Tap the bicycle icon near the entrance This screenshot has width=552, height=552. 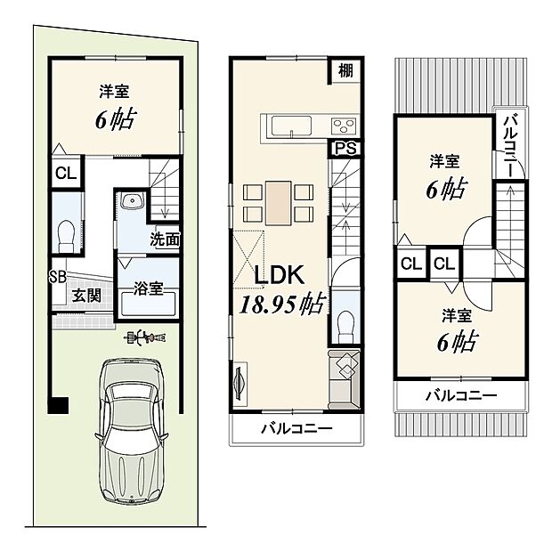(145, 337)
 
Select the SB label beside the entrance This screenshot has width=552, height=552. (57, 276)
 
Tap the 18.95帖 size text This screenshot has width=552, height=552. (281, 304)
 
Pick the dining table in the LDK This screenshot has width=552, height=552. (278, 202)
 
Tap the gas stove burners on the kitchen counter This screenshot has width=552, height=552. (343, 126)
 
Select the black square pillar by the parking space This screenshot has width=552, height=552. (58, 405)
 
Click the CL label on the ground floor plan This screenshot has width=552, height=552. (66, 174)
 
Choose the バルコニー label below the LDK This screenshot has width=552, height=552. (296, 429)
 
